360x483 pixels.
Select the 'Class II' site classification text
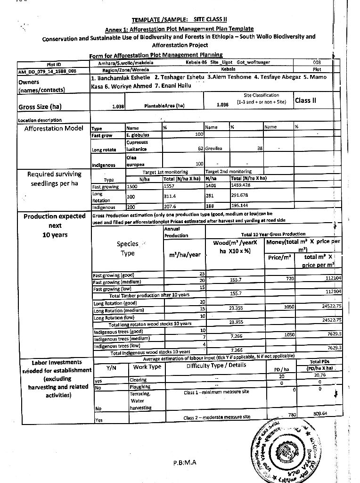point(305,100)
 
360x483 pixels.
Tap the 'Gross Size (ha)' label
point(40,107)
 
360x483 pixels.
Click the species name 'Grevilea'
point(214,149)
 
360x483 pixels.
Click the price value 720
point(290,279)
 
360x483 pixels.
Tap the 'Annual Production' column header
point(176,232)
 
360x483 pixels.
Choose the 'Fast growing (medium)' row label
point(117,282)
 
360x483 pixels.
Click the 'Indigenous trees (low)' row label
point(117,346)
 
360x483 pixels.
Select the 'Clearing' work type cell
point(138,380)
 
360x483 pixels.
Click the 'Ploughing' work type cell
point(140,386)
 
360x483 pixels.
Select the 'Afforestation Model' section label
point(53,128)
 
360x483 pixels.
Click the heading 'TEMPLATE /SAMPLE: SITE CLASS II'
point(179,19)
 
